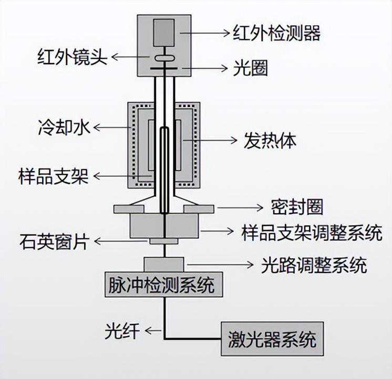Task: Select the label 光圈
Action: [x=250, y=69]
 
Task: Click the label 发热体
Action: [x=270, y=141]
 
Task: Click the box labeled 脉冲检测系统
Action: [x=161, y=286]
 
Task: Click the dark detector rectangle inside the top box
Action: [x=164, y=33]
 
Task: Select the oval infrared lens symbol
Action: [x=164, y=59]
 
